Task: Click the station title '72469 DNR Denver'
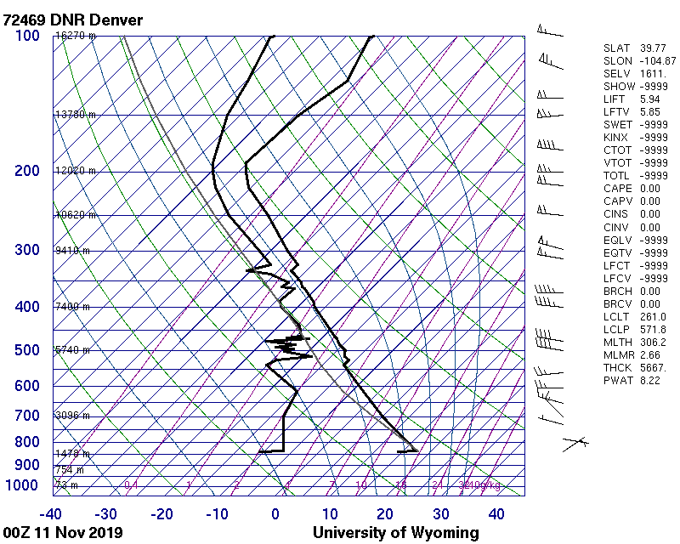click(73, 20)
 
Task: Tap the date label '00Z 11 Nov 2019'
click(63, 533)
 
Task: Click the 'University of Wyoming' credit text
click(395, 533)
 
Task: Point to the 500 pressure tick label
click(27, 350)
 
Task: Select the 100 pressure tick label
click(27, 36)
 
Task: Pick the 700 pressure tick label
click(27, 416)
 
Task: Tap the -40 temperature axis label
click(51, 513)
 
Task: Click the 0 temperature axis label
click(275, 513)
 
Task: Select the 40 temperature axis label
click(496, 513)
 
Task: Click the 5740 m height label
click(72, 350)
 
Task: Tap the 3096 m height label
click(72, 416)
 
